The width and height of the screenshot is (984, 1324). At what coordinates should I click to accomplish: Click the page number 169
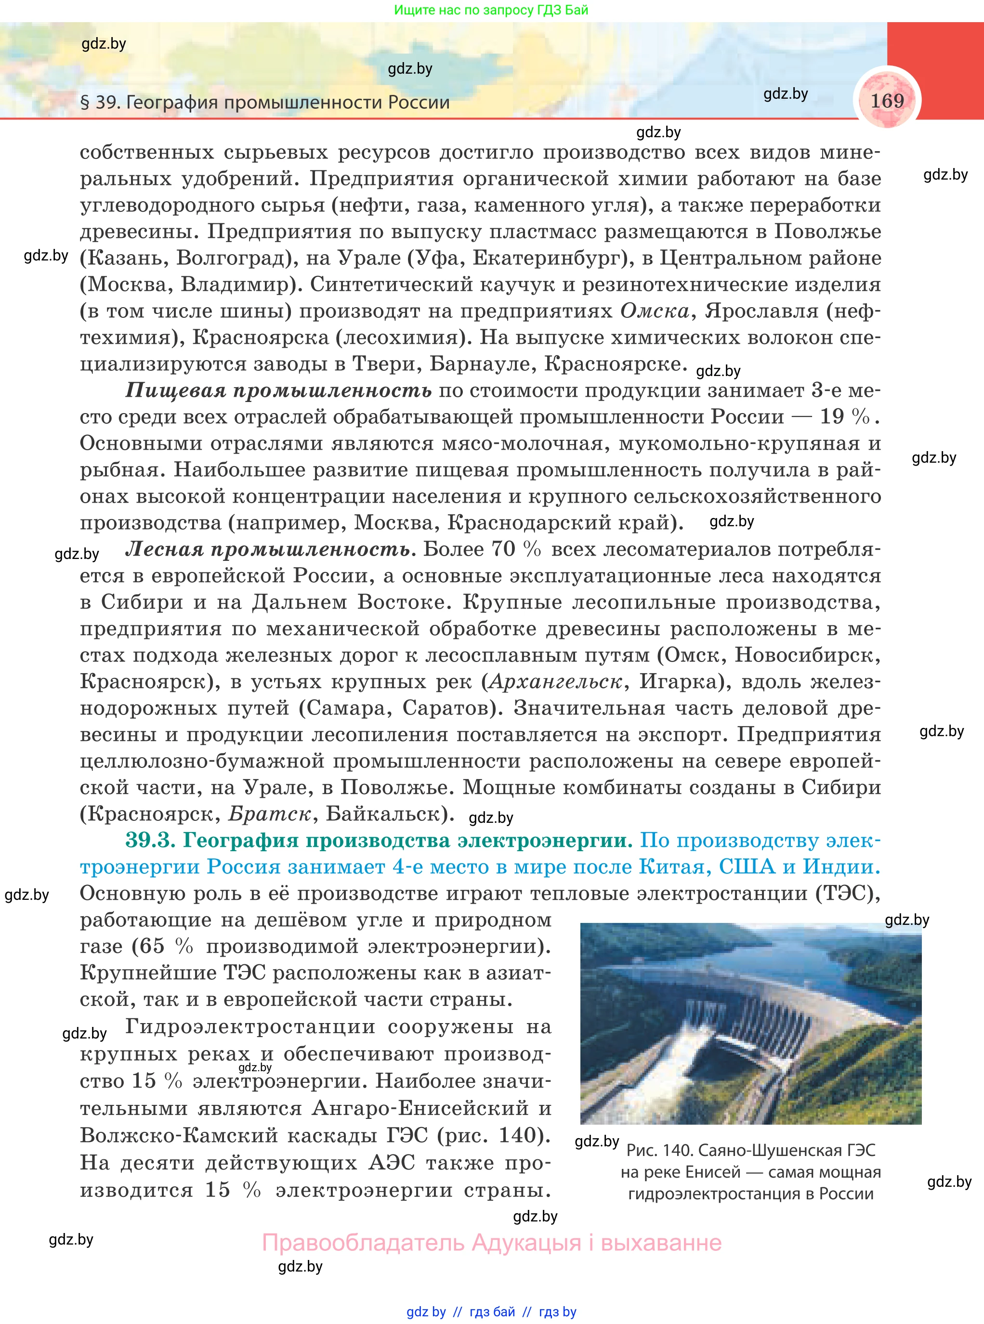(887, 101)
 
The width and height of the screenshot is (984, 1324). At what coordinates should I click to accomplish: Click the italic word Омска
(654, 311)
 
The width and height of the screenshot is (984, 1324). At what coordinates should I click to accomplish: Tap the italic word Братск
(270, 813)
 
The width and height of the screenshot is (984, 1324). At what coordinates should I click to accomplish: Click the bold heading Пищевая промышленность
(278, 390)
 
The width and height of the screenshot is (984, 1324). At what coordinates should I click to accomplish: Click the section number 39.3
(149, 840)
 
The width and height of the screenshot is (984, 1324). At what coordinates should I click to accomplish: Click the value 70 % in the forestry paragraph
(516, 549)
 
